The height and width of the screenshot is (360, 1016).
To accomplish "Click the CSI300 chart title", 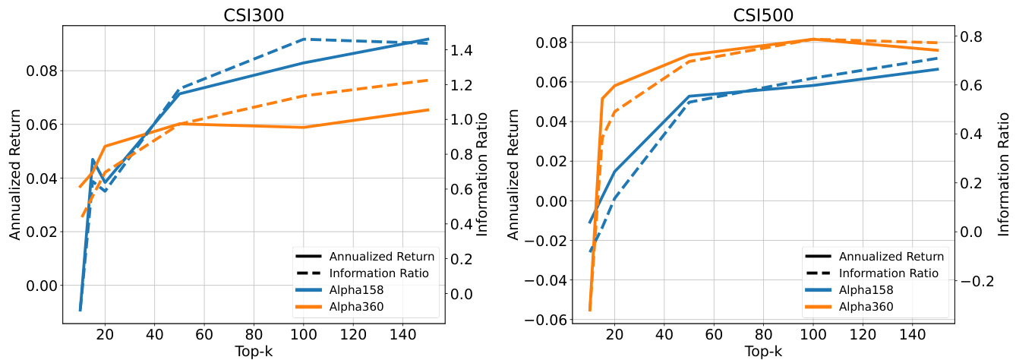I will pyautogui.click(x=253, y=14).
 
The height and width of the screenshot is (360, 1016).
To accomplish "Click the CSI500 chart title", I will pyautogui.click(x=762, y=14).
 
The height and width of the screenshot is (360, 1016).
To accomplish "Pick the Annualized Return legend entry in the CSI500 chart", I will pyautogui.click(x=891, y=256).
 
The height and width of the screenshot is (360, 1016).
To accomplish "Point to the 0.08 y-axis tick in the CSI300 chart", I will pyautogui.click(x=39, y=71).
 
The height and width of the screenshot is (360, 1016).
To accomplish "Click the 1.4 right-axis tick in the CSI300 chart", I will pyautogui.click(x=464, y=50).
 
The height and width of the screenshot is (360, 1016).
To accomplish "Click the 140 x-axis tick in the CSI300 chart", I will pyautogui.click(x=402, y=335).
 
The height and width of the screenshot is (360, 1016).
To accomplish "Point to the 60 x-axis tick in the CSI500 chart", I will pyautogui.click(x=712, y=335).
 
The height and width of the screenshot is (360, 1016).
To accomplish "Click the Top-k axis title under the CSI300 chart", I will pyautogui.click(x=253, y=351).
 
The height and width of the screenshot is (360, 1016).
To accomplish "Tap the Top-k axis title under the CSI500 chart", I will pyautogui.click(x=762, y=351).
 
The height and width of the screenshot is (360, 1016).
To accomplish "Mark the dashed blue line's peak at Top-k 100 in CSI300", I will pyautogui.click(x=304, y=39).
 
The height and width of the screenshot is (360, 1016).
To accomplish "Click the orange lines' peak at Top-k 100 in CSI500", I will pyautogui.click(x=813, y=39).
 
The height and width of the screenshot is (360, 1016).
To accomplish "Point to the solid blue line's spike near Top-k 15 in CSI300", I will pyautogui.click(x=93, y=159).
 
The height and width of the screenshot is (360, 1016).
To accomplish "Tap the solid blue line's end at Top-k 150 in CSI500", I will pyautogui.click(x=938, y=69).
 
